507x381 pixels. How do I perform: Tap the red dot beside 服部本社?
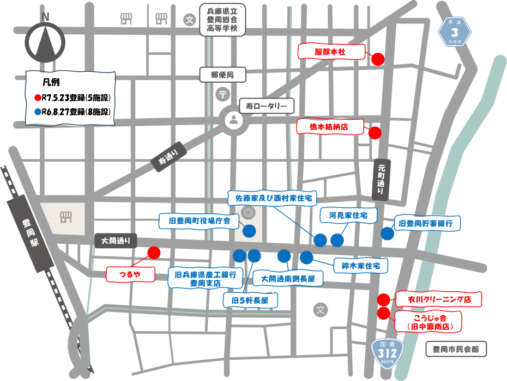pos(377,59)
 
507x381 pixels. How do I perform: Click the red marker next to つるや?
pos(154,252)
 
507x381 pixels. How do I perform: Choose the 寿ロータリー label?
pos(267,106)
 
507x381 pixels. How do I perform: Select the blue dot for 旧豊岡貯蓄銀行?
pos(387,233)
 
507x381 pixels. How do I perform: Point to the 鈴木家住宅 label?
pos(360,266)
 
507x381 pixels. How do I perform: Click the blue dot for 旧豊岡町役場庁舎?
pos(249,231)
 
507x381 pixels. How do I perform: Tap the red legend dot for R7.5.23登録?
pos(38,99)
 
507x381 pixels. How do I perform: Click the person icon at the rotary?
pos(234,120)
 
